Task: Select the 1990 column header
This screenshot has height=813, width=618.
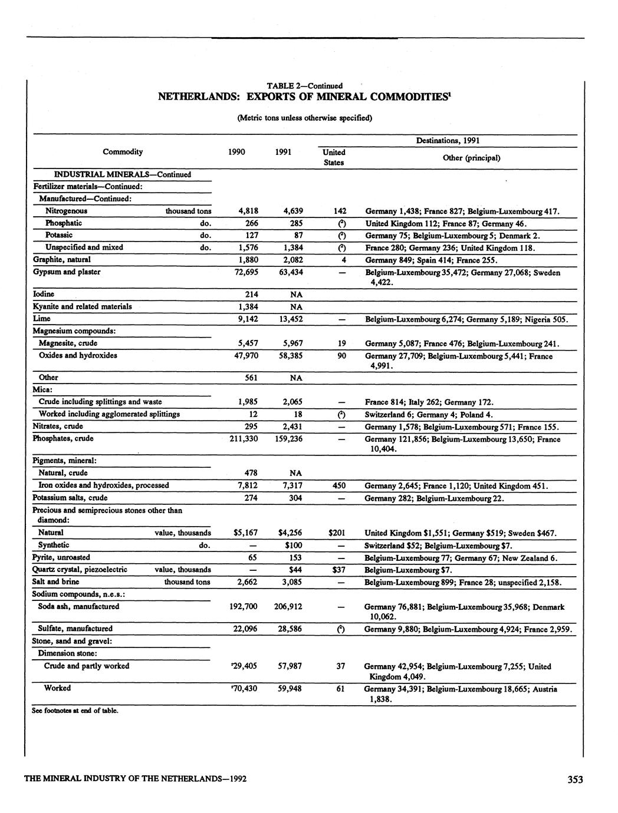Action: point(236,152)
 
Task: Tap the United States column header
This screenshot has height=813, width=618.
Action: point(334,157)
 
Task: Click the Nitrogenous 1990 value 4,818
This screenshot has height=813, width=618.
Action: point(248,211)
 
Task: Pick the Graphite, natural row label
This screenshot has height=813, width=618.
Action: point(62,259)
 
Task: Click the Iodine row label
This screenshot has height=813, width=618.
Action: point(44,294)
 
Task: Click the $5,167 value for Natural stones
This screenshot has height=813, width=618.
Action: point(245,533)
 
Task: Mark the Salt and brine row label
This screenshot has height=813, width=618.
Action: point(56,582)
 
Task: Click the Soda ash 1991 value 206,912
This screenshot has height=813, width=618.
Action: point(288,606)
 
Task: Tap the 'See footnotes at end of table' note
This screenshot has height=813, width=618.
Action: point(75,710)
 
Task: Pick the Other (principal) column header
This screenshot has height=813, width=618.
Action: point(471,158)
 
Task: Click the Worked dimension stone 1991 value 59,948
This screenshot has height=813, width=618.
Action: point(290,688)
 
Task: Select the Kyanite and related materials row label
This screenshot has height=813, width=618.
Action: point(82,306)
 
